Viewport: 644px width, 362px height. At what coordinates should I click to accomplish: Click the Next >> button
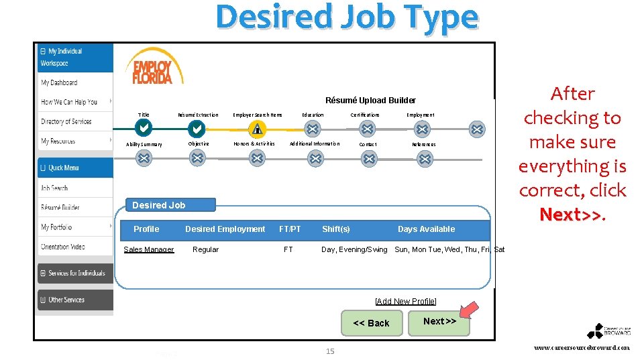[x=439, y=322]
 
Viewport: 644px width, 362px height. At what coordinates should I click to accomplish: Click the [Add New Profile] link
[x=405, y=301]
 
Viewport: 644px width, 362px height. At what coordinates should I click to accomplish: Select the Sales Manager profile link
[x=148, y=249]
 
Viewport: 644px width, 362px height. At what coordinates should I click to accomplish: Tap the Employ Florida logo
[x=153, y=67]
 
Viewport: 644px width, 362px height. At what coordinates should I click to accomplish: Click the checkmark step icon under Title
[x=144, y=128]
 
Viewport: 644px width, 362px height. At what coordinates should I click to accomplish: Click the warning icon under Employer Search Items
[x=257, y=129]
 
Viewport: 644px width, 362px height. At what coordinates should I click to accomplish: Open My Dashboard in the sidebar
[x=60, y=82]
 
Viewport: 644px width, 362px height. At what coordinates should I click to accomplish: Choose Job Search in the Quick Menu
[x=54, y=188]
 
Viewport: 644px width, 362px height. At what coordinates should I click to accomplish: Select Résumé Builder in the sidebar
[x=60, y=208]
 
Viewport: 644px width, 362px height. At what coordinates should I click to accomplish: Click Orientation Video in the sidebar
[x=63, y=247]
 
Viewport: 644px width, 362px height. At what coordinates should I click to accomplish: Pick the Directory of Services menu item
[x=66, y=121]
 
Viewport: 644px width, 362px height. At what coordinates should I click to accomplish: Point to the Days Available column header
[x=426, y=229]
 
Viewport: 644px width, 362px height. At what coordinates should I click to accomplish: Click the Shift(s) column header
[x=335, y=229]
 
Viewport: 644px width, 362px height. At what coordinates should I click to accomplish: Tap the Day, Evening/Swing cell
[x=354, y=249]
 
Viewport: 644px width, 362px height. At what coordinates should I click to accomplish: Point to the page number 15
[x=329, y=351]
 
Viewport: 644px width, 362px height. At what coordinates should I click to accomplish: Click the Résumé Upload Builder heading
[x=370, y=101]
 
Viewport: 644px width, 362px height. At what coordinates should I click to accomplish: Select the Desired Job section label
[x=159, y=205]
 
